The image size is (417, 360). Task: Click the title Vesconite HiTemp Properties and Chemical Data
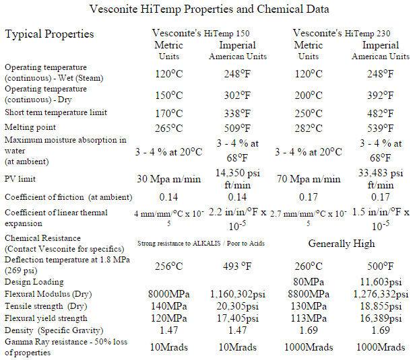tap(208, 10)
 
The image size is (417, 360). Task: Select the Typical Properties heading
tap(50, 34)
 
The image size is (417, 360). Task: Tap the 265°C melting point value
tap(169, 128)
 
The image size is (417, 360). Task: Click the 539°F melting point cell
tap(381, 128)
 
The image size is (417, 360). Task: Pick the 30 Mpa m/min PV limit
tap(169, 180)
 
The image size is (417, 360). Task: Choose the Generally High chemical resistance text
tap(342, 243)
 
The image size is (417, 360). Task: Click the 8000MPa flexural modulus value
tap(169, 294)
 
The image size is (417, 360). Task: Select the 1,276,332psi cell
tap(381, 294)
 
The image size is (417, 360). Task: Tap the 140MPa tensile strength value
tap(169, 305)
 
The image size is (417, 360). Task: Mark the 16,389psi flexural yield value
tap(381, 318)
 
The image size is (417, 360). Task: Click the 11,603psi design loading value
tap(381, 282)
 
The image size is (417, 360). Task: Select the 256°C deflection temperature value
tap(169, 266)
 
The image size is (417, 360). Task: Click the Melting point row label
tap(30, 127)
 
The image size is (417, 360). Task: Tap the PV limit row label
tap(20, 180)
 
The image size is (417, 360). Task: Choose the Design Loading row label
tap(34, 282)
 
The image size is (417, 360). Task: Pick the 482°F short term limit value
tap(381, 112)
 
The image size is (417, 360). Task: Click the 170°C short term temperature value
tap(169, 112)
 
